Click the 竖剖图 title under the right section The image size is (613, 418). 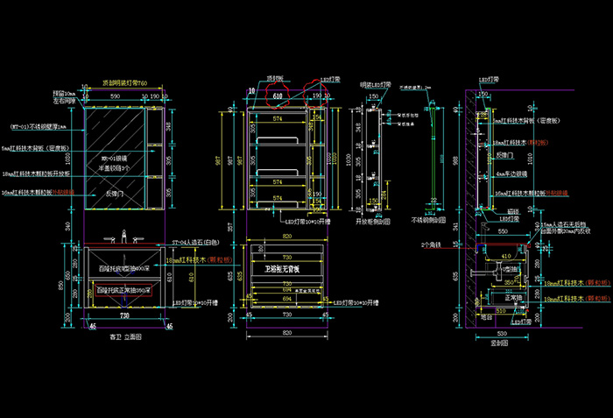click(x=500, y=344)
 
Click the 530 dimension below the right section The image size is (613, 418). click(x=502, y=334)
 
